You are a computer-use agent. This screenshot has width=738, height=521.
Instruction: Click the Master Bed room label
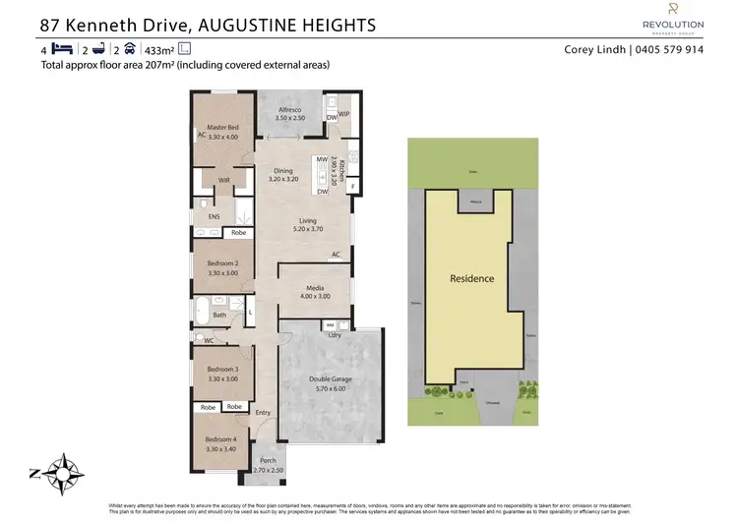tap(219, 128)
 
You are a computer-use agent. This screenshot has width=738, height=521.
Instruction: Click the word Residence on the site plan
tap(471, 278)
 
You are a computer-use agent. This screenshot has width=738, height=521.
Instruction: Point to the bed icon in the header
tap(61, 48)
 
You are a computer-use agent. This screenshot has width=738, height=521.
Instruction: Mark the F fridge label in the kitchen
tap(351, 185)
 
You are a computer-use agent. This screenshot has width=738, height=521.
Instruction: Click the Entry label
tap(264, 413)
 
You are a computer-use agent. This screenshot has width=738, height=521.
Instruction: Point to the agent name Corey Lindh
tap(594, 49)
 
